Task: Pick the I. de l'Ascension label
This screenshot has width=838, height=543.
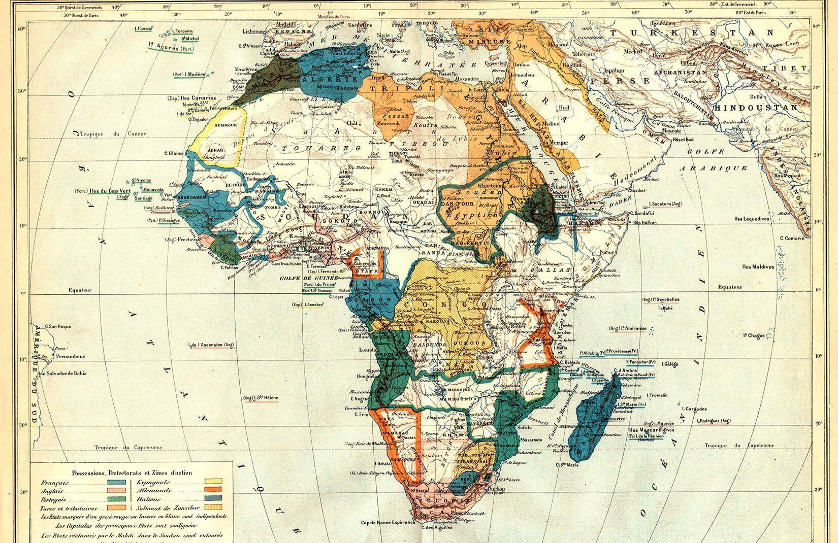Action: (212, 346)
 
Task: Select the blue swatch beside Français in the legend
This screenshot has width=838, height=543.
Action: (118, 483)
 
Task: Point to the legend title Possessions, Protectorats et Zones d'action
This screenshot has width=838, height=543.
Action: (132, 473)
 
